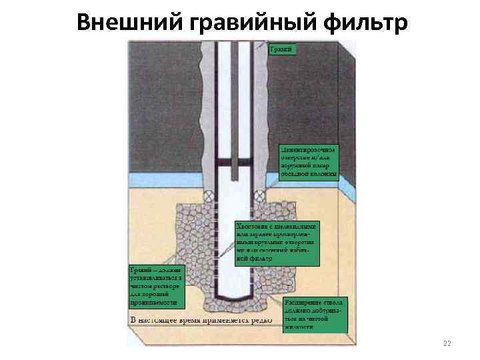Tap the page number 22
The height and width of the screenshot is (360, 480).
click(447, 343)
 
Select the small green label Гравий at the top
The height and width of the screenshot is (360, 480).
click(282, 49)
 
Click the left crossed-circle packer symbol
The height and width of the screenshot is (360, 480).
click(209, 196)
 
